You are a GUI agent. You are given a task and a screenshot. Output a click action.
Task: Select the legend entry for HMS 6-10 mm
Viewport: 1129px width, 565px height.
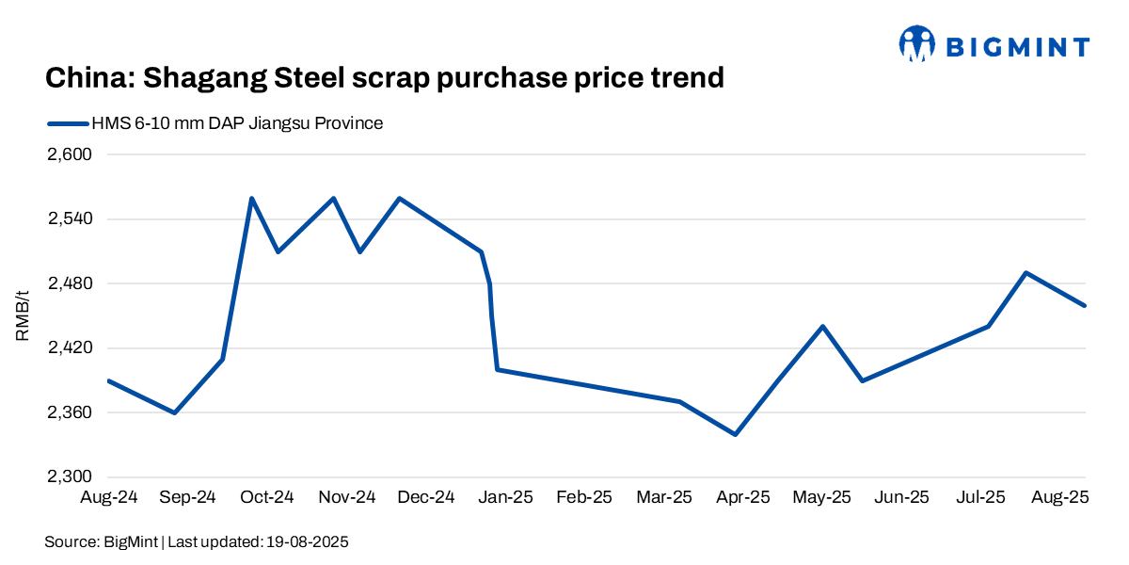[x=235, y=123]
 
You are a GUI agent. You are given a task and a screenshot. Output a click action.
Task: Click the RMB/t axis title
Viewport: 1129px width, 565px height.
[x=23, y=315]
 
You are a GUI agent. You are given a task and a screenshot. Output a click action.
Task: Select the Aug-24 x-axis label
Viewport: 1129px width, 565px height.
[x=109, y=496]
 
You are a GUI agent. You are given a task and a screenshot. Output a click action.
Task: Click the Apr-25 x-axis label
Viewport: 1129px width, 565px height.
[x=743, y=496]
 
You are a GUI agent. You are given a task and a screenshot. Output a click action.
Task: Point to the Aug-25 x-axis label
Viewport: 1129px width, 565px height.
[x=1061, y=496]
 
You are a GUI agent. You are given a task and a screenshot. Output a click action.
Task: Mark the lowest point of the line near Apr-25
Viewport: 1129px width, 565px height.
[x=735, y=434]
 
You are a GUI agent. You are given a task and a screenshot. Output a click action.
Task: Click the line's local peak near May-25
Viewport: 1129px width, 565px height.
[x=823, y=326]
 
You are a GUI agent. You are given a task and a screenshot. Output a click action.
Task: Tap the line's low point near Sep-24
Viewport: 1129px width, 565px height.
[x=175, y=412]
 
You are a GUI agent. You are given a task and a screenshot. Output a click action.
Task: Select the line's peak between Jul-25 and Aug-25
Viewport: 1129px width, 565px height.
[x=1026, y=273]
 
